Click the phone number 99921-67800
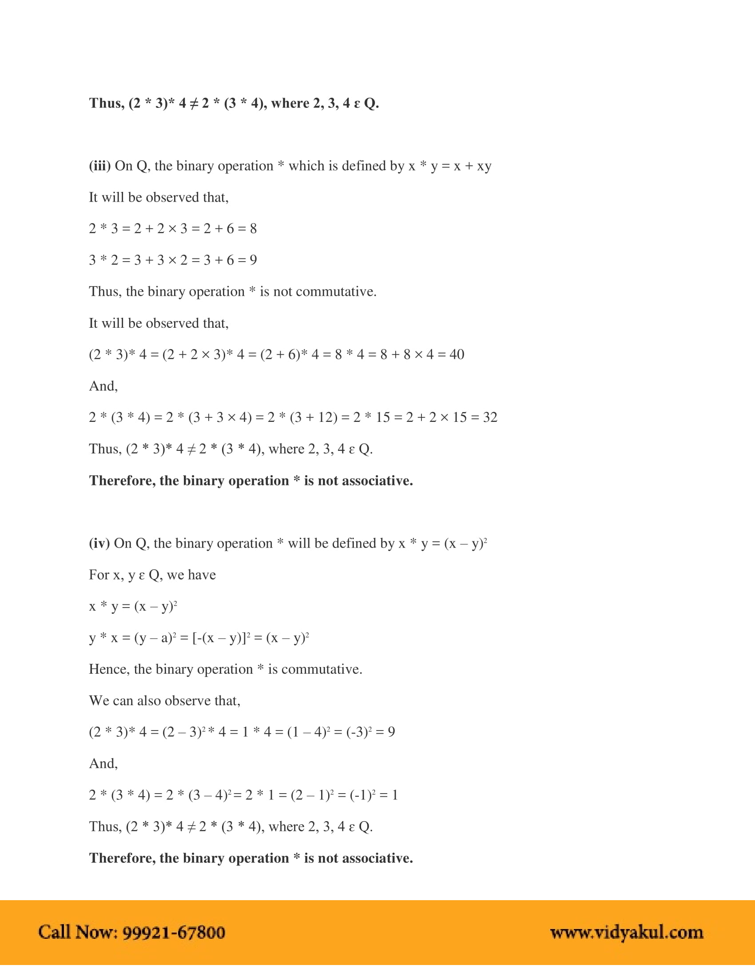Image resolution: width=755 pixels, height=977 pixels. coord(174,932)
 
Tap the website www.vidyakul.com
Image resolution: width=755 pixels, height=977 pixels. coord(627,932)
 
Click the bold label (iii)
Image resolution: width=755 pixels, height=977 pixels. coord(99,166)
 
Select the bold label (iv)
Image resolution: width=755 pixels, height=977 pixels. coord(99,543)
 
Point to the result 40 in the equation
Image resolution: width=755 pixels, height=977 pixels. coord(457,354)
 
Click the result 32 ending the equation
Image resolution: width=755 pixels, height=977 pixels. coord(490,417)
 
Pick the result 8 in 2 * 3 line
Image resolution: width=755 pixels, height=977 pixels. coord(253,229)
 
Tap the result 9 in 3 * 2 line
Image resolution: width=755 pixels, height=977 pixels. coord(253,260)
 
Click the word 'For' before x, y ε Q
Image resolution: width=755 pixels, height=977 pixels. coord(99,575)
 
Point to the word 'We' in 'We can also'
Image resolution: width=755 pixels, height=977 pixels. coord(99,700)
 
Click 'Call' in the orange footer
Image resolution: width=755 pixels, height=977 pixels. coord(54,932)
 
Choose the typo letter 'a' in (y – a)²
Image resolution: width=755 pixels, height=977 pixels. coord(166,638)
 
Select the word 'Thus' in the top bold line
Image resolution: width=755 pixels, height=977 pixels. coord(106,103)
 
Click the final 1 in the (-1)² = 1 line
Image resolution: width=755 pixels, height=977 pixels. coord(394,795)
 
